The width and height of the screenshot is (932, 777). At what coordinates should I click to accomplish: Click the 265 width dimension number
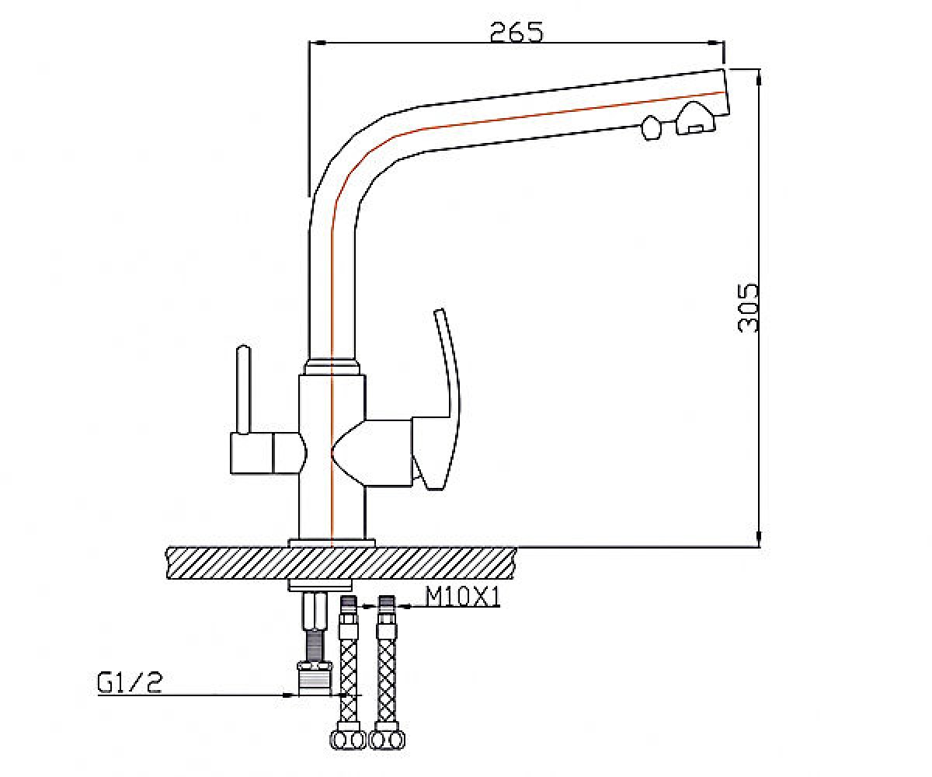[x=517, y=32]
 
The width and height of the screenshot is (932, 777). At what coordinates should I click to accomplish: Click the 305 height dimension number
[x=748, y=308]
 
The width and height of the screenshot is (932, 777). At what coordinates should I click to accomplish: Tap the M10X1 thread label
[x=462, y=597]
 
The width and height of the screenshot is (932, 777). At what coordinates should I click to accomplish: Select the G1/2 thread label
[x=130, y=682]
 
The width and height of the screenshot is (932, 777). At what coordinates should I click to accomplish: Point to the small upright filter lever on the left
[x=244, y=389]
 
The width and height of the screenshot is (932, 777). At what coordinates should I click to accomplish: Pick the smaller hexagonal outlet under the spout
[x=652, y=128]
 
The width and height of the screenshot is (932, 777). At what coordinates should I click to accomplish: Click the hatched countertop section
[x=342, y=563]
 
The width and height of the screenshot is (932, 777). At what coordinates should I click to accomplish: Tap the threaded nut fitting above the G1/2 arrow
[x=315, y=679]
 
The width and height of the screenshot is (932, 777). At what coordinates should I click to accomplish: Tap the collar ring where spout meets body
[x=332, y=366]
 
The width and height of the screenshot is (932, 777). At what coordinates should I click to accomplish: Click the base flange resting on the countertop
[x=332, y=543]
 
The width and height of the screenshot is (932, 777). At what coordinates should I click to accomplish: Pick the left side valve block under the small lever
[x=268, y=453]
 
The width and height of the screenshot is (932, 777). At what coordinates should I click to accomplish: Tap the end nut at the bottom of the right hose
[x=388, y=740]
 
